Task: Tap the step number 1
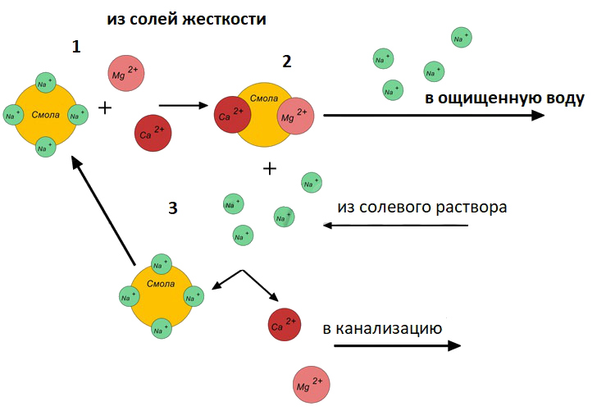coord(76,47)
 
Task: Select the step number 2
coord(286,62)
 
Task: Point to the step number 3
coord(172,208)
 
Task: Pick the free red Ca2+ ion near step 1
coord(153,134)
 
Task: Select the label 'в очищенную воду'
coord(504,98)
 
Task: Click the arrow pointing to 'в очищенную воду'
coord(435,116)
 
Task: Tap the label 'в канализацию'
coord(383,329)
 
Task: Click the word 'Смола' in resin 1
coord(45,114)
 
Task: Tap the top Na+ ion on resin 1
coord(46,82)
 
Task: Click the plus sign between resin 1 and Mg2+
coord(105,107)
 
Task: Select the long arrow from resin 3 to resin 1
coord(103,212)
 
